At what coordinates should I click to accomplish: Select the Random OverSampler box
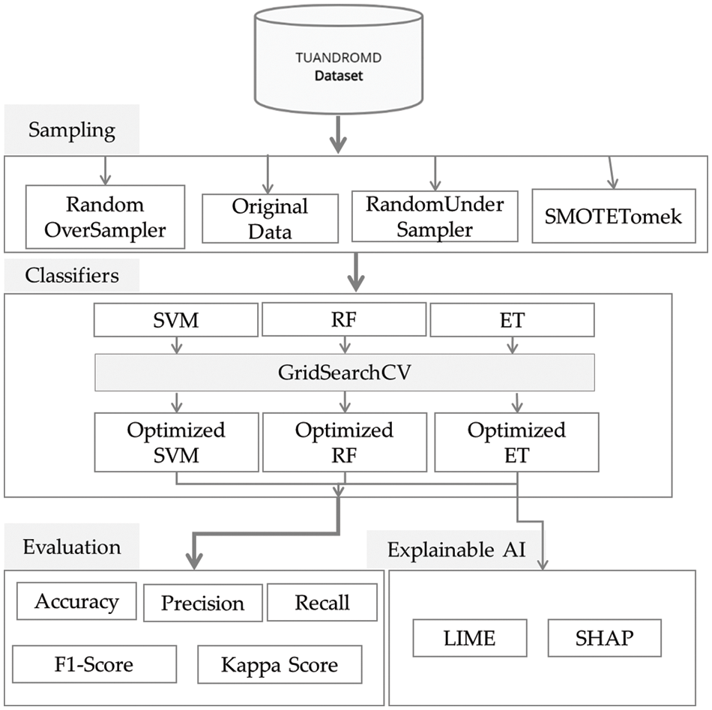105,217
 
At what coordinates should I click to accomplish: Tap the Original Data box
270,217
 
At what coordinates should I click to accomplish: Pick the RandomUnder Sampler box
435,216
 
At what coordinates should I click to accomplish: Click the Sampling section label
72,131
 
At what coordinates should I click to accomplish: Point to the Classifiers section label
73,275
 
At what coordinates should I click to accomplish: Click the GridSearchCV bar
345,373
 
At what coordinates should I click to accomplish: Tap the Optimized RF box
344,442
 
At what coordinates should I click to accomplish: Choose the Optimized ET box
516,442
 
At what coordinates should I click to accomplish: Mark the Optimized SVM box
175,442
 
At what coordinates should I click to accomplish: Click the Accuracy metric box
76,601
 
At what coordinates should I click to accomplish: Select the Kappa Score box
280,664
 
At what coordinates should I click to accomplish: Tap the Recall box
322,602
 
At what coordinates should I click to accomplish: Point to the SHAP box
604,638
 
